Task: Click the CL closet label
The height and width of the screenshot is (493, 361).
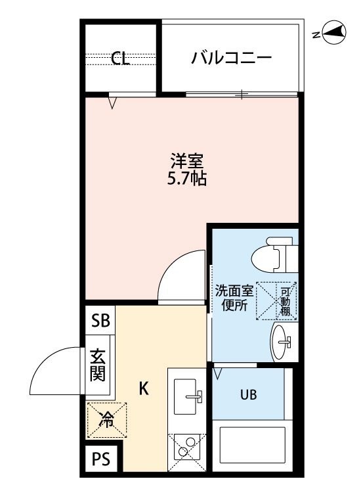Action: [x=121, y=58]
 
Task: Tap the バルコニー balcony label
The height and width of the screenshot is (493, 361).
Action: [x=231, y=58]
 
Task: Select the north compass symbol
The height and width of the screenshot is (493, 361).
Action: [x=332, y=32]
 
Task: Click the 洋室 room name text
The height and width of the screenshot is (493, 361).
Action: [x=187, y=160]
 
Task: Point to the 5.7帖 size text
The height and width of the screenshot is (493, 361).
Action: [x=187, y=179]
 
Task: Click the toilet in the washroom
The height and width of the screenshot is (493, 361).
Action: [x=274, y=254]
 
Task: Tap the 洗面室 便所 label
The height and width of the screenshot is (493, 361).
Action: [x=234, y=298]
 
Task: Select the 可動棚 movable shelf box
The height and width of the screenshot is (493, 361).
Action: [x=276, y=301]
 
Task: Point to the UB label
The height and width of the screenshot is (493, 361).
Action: [x=248, y=394]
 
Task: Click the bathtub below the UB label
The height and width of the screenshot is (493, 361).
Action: [x=253, y=444]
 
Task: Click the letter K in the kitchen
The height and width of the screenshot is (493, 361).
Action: [x=144, y=388]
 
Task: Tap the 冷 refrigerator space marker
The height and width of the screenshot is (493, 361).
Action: [x=107, y=420]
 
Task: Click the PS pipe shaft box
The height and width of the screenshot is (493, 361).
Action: [x=101, y=458]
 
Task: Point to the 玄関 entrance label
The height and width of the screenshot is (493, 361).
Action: [x=98, y=365]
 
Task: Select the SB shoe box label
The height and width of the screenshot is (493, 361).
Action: [x=100, y=321]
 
